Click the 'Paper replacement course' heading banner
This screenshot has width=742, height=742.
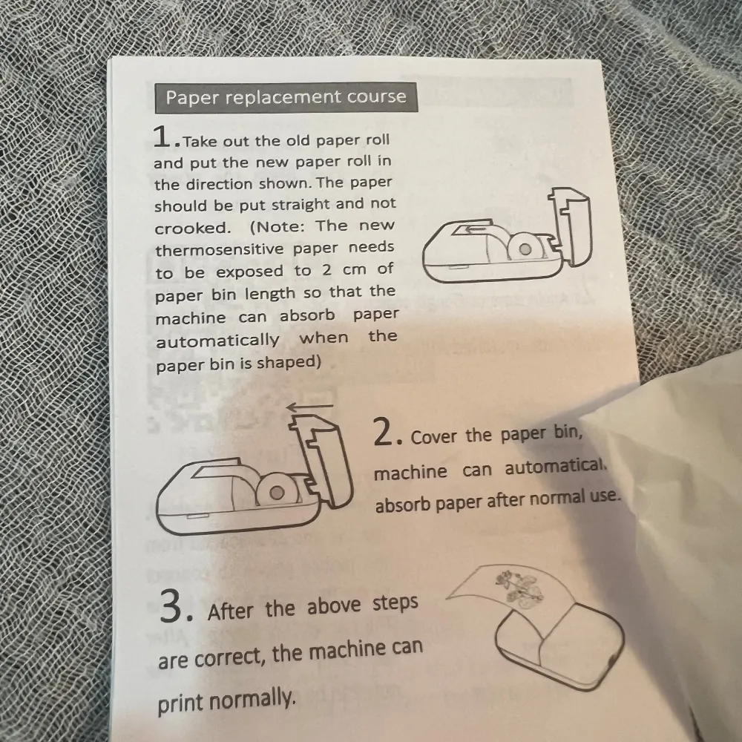click(x=286, y=97)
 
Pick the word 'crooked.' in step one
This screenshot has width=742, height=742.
click(x=193, y=227)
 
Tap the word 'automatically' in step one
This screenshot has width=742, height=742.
click(x=217, y=341)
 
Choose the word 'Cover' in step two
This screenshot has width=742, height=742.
click(x=434, y=436)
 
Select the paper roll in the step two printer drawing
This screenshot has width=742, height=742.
click(x=278, y=491)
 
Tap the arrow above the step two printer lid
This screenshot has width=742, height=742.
click(x=309, y=406)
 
